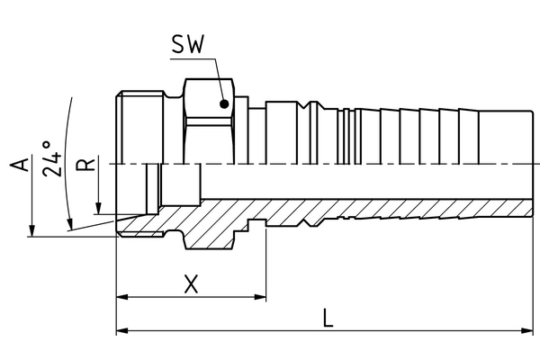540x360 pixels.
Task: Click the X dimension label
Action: coord(191,285)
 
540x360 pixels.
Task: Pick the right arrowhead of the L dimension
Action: coord(530,331)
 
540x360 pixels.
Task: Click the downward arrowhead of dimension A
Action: coord(31,231)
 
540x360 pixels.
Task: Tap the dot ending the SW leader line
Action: coord(221,103)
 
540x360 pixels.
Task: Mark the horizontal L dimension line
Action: coord(405,331)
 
